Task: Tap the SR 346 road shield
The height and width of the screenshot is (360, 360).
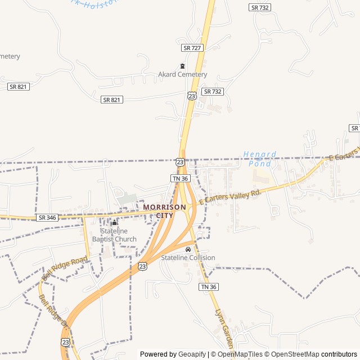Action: click(47, 217)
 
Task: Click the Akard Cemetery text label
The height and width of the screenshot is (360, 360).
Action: click(182, 74)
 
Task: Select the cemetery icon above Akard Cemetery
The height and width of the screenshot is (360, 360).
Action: click(182, 66)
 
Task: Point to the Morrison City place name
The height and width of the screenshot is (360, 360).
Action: click(164, 211)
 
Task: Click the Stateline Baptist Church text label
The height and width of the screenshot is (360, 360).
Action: click(118, 235)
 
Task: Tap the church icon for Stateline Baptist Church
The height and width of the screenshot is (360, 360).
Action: click(114, 223)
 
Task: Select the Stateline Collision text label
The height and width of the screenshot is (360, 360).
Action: click(188, 258)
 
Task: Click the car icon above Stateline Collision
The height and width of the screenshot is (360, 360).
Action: click(188, 249)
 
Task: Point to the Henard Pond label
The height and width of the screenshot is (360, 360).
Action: click(260, 158)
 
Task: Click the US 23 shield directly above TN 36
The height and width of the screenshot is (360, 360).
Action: click(180, 161)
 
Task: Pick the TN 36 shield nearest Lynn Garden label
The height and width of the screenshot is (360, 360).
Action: click(208, 287)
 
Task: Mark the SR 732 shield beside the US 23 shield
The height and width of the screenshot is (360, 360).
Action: click(213, 91)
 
